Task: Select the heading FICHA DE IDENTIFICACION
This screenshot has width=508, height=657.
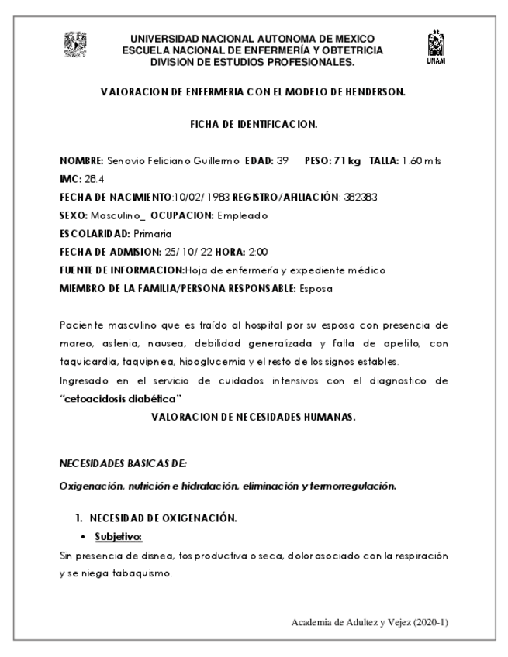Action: (254, 124)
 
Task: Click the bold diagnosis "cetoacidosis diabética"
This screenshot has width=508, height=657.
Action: (120, 397)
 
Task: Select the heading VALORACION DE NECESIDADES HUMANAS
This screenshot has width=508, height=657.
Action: (254, 417)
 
